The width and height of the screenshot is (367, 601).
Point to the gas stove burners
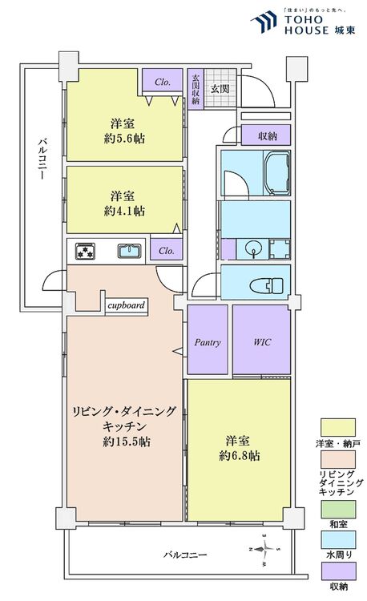86,251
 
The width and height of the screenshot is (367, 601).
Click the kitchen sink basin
129,251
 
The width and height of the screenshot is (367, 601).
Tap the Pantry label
208,342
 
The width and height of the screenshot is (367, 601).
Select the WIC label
261,342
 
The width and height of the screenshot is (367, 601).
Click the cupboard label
126,305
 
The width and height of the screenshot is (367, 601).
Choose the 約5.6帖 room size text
123,137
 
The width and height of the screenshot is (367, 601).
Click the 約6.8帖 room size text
240,455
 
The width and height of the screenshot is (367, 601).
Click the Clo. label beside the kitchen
167,250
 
